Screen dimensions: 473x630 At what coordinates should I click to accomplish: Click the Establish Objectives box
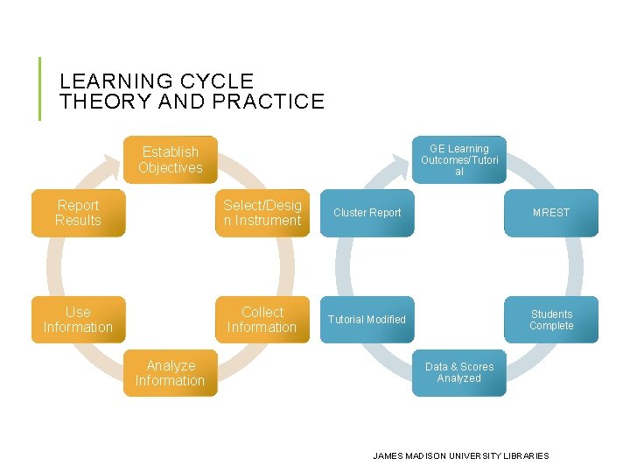click(170, 160)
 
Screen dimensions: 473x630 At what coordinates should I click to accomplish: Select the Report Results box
click(78, 213)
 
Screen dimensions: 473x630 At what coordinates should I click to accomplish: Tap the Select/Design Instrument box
click(262, 213)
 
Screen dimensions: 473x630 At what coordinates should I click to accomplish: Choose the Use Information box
click(78, 320)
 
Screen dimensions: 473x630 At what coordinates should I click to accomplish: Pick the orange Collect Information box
click(262, 320)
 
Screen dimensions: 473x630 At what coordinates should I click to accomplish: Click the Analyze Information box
click(170, 373)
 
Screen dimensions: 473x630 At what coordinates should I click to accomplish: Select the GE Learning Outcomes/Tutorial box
click(459, 159)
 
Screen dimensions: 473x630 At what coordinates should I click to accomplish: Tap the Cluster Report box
click(367, 213)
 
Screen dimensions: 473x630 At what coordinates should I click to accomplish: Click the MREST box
click(551, 213)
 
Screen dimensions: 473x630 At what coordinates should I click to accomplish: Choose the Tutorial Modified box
click(367, 320)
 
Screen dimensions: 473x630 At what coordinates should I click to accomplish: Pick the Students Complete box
click(551, 320)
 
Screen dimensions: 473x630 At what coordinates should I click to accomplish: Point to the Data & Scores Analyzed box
click(459, 373)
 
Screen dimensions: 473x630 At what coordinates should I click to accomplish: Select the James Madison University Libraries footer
click(461, 455)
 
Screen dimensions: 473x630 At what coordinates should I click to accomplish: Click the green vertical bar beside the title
click(39, 88)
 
